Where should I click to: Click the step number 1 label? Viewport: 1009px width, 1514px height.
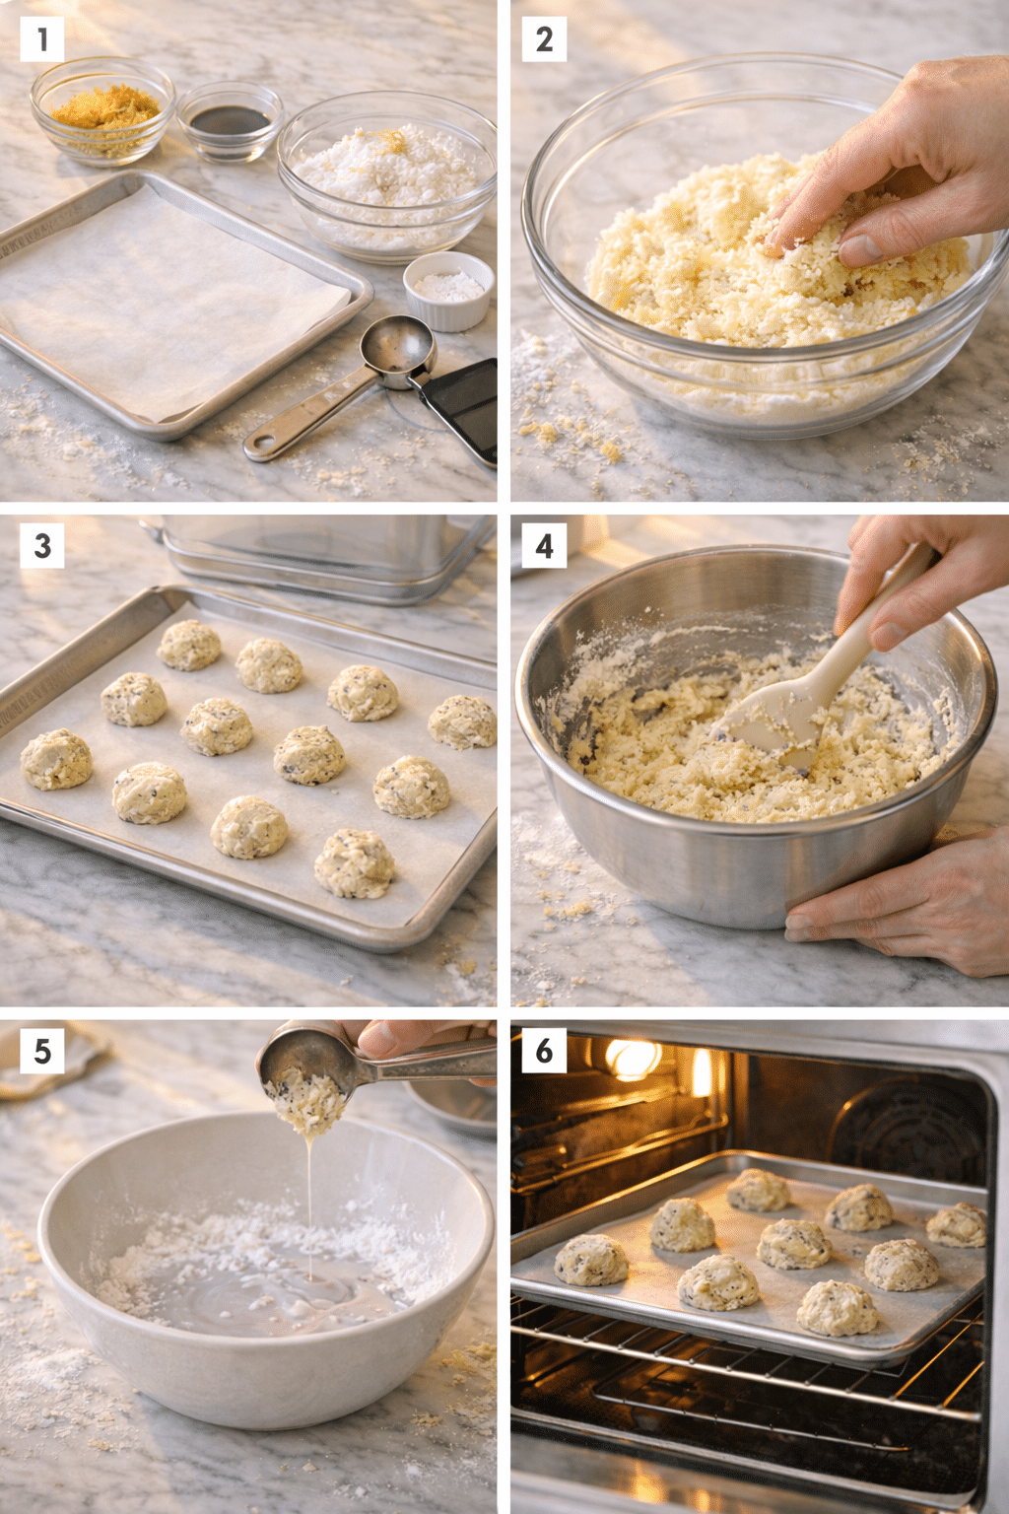pos(41,39)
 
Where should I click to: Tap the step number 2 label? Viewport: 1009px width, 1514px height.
pos(544,39)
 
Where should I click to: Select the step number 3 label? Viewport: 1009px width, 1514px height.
pos(41,545)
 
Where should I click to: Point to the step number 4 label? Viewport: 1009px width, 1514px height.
pos(544,545)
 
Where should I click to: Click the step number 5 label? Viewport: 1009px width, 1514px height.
pos(41,1051)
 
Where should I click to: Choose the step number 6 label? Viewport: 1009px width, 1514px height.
pos(544,1051)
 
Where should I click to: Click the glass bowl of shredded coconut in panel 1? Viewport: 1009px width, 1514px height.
pos(387,172)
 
